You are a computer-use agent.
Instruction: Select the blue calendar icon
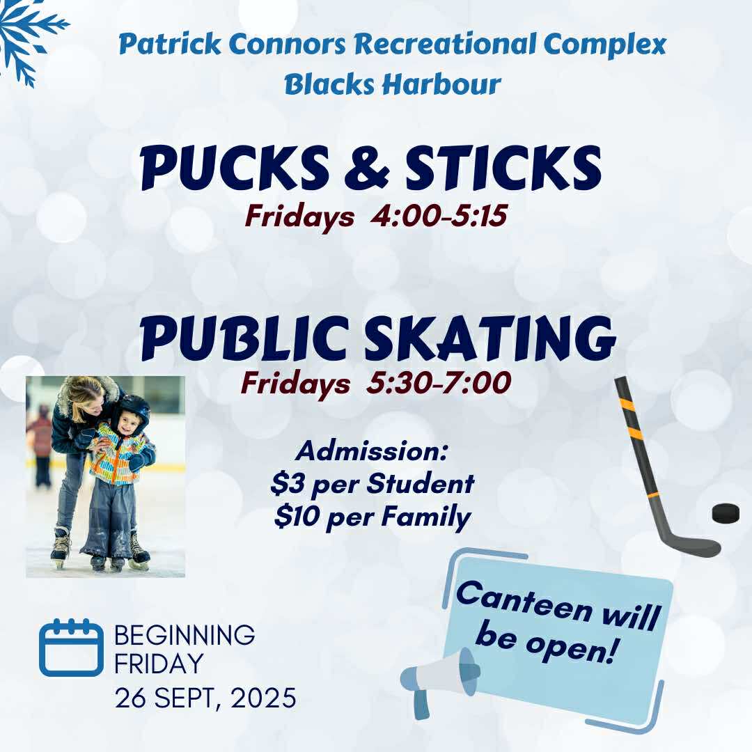71,647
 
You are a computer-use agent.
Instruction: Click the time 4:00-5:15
439,217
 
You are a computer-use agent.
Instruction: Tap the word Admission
370,451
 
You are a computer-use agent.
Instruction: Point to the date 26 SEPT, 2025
205,697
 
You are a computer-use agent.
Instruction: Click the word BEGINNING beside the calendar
185,635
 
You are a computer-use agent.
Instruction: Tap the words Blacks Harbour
393,84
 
